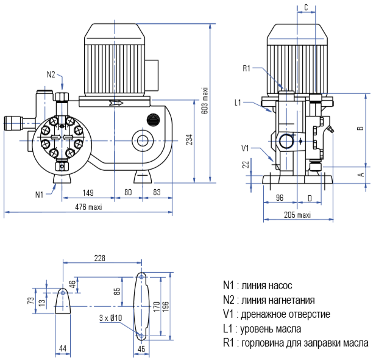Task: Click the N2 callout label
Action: point(51,74)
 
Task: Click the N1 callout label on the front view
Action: point(40,194)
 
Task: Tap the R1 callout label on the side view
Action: point(247,68)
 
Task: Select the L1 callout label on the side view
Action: point(238,103)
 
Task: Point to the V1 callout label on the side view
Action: point(246,148)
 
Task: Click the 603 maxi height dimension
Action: point(205,101)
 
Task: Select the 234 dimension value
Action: point(190,140)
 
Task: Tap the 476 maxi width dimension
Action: point(89,207)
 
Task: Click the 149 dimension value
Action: point(88,193)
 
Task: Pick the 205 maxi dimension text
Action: point(297,215)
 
